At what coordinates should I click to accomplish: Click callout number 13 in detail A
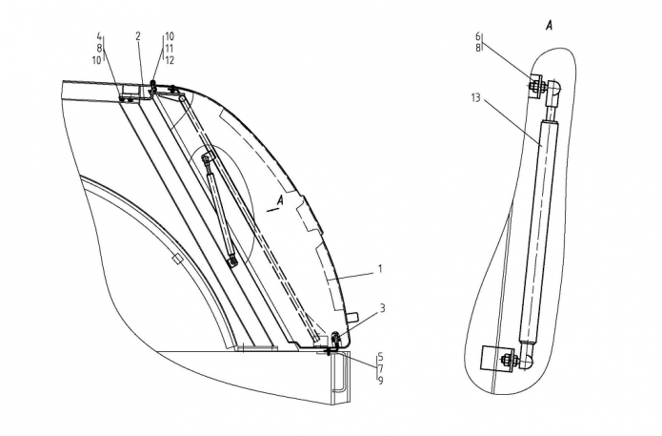tap(476, 98)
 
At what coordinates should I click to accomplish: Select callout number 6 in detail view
tap(478, 37)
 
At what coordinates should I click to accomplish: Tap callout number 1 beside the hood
tap(380, 269)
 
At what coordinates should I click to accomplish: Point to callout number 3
tap(383, 308)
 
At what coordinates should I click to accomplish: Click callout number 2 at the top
tap(138, 36)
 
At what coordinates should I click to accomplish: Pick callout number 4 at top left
tap(99, 36)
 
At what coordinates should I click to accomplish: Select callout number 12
tap(170, 60)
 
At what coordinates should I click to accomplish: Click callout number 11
tap(170, 49)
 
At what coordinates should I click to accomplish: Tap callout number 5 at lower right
tap(380, 356)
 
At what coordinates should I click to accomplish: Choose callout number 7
tap(380, 368)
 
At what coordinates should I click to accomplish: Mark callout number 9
tap(380, 381)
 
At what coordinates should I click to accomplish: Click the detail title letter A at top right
tap(549, 26)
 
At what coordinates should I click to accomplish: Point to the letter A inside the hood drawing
tap(279, 201)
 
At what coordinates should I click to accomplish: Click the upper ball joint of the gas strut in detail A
tap(553, 87)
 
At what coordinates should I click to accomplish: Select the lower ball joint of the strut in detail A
tap(526, 362)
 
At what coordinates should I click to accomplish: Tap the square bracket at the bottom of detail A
tap(491, 358)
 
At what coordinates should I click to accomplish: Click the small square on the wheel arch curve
tap(178, 260)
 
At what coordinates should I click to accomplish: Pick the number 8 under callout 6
tap(478, 49)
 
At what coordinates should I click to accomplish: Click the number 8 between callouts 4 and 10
tap(99, 49)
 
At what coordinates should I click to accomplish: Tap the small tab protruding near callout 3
tap(352, 317)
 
